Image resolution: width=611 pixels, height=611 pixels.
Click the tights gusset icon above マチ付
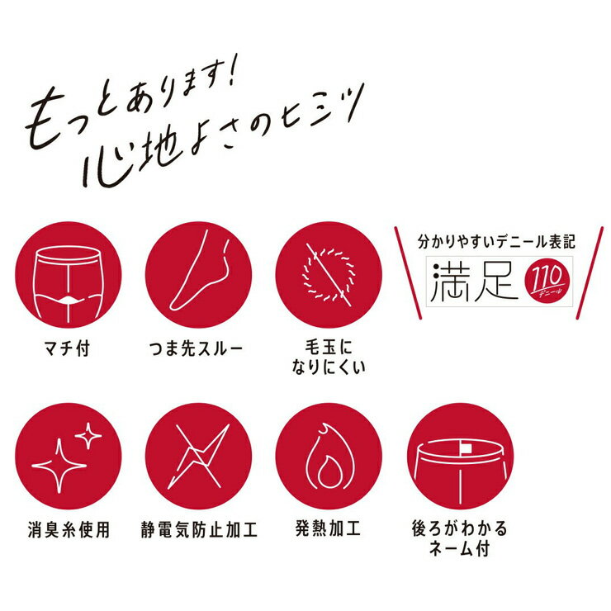(x=69, y=275)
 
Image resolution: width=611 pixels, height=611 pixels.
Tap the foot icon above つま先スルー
(x=198, y=275)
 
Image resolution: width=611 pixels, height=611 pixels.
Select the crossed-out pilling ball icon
(x=329, y=275)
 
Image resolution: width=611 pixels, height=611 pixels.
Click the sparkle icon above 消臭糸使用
(x=69, y=456)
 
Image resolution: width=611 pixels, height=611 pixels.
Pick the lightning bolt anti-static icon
(x=198, y=456)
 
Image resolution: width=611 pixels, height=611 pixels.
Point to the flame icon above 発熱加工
(x=329, y=456)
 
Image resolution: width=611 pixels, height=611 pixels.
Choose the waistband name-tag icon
(x=460, y=456)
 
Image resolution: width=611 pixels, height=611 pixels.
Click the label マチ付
(x=68, y=348)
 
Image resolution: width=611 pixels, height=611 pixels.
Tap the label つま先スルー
(x=196, y=348)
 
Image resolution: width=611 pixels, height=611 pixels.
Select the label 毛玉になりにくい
(x=329, y=358)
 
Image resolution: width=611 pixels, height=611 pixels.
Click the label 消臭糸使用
(x=69, y=530)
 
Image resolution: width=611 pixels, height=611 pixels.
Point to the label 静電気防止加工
(x=199, y=530)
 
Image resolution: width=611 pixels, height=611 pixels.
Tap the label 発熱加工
(x=328, y=528)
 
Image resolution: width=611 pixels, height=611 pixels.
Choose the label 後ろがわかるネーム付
(x=460, y=538)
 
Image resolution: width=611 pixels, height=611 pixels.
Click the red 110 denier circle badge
(x=547, y=280)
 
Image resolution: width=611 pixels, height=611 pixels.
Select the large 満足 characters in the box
(x=473, y=282)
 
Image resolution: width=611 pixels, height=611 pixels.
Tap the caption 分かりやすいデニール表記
(x=496, y=243)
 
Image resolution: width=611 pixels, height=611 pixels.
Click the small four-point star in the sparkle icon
(x=88, y=435)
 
